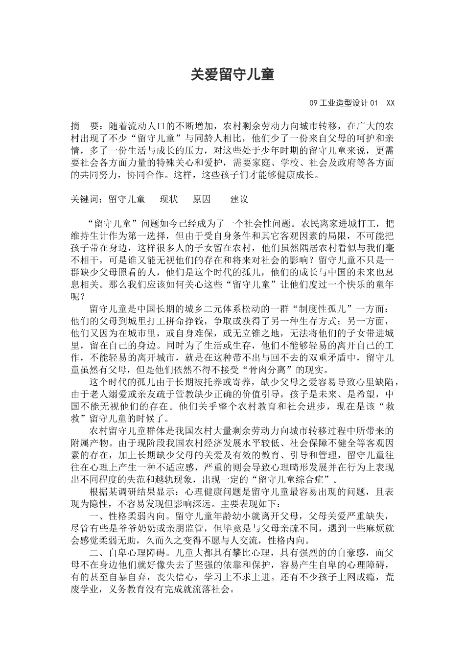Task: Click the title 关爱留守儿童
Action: (x=232, y=74)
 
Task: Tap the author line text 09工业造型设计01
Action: (x=344, y=103)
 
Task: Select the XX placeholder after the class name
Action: (x=390, y=103)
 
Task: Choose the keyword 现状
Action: (x=169, y=199)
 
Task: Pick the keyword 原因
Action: (x=202, y=199)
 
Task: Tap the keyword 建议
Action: (x=239, y=199)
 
